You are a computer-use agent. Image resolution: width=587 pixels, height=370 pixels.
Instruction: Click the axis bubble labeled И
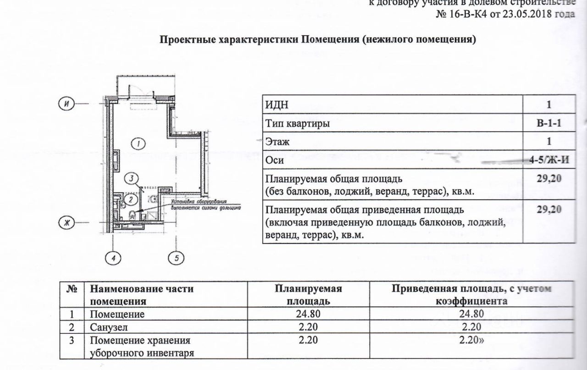66,104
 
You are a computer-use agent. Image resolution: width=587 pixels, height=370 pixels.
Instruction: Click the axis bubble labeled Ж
66,223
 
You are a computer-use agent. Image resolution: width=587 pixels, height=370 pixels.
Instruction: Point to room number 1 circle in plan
138,144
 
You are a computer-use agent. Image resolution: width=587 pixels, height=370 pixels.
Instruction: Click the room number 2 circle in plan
130,199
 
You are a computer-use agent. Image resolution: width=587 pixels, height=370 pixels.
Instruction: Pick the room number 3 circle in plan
131,178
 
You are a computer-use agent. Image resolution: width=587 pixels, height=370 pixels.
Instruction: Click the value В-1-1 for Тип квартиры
549,123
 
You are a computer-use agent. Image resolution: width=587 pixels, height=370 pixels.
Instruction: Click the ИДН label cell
277,105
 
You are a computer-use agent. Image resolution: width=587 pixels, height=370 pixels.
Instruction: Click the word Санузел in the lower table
108,326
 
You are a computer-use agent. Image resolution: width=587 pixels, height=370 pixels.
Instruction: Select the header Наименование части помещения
142,295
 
